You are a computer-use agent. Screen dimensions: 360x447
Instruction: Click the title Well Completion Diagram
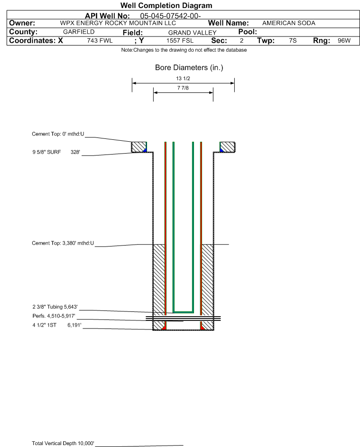(166, 5)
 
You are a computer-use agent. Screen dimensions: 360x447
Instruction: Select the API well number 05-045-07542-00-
(170, 16)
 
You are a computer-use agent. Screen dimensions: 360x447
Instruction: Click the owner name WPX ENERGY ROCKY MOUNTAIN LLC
(118, 23)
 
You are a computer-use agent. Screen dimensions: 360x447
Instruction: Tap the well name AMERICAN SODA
(289, 23)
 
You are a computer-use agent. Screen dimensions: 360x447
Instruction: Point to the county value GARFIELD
(79, 32)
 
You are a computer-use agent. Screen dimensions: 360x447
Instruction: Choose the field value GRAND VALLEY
(192, 33)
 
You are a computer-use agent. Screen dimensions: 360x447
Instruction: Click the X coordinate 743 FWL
(100, 41)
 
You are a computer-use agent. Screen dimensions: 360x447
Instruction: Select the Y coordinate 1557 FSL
(180, 41)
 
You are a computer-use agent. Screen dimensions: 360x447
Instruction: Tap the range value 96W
(344, 41)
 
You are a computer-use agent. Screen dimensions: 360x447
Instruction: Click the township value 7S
(293, 41)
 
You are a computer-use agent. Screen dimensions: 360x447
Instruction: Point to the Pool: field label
(248, 32)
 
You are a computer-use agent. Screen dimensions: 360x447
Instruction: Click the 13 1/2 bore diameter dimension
(183, 78)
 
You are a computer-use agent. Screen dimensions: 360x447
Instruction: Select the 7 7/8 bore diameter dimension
(183, 88)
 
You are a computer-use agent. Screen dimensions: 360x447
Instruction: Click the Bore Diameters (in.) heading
(189, 68)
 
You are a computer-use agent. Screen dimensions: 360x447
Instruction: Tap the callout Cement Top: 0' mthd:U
(58, 134)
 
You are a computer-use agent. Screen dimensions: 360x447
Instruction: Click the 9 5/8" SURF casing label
(46, 152)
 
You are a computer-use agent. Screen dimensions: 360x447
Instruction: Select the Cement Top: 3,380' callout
(63, 243)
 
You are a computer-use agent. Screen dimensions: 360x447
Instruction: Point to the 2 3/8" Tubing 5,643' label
(55, 307)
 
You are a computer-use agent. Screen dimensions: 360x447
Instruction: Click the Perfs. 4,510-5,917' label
(54, 316)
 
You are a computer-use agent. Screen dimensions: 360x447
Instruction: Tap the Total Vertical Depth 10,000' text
(63, 443)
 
